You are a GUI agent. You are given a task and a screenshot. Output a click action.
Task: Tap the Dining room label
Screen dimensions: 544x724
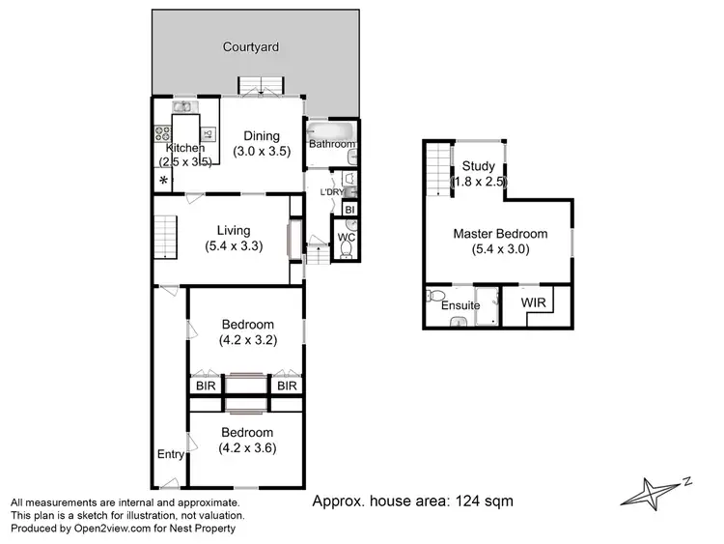tap(261, 136)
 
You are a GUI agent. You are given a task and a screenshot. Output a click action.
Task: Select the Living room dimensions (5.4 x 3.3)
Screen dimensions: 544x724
tap(234, 246)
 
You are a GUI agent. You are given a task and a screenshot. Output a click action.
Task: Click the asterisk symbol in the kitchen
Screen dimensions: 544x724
tap(163, 182)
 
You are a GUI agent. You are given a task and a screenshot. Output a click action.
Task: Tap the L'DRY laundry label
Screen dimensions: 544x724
tap(331, 192)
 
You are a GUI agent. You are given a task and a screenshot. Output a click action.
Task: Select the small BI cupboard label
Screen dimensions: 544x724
tap(350, 209)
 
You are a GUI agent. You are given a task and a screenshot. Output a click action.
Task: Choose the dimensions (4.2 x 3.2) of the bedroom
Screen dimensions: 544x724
tap(247, 340)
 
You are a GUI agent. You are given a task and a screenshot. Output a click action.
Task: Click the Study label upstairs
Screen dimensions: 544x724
tap(478, 166)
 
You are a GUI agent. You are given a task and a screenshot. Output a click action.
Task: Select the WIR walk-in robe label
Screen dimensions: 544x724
tap(533, 303)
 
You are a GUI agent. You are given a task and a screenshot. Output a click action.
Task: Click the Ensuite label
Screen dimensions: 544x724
tap(460, 306)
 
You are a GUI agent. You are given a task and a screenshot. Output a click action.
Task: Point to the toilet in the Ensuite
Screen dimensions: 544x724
tap(435, 296)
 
